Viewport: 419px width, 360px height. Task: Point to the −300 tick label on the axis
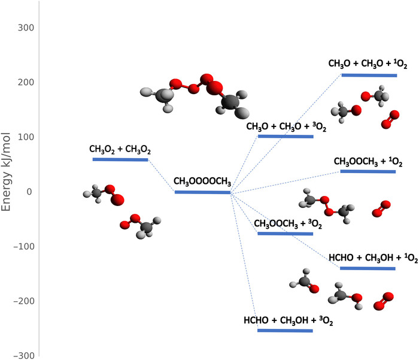pos(22,355)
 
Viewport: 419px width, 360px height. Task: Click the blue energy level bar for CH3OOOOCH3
pos(202,192)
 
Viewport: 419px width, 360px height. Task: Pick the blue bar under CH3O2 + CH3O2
pos(120,159)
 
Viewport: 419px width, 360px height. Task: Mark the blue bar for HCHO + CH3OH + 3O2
pos(286,330)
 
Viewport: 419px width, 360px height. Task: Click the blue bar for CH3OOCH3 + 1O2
pos(368,171)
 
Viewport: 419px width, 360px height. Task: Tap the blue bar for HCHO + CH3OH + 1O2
pos(368,268)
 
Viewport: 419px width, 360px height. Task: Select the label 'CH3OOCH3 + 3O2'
pos(284,223)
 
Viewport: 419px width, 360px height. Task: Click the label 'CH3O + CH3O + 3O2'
pos(286,127)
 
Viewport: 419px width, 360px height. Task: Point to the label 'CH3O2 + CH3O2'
pos(120,149)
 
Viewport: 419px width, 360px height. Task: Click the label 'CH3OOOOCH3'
pos(202,181)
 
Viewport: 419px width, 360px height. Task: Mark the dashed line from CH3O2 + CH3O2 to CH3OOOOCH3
pos(161,175)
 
